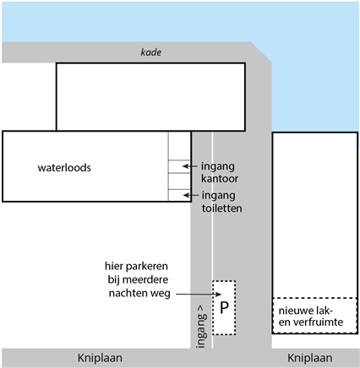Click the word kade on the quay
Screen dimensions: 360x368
click(151, 52)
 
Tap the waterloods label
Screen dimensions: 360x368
click(64, 168)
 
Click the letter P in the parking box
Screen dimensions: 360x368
click(224, 307)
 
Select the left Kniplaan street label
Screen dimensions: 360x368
click(100, 358)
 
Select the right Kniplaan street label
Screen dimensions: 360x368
click(309, 358)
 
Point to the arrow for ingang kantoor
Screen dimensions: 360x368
click(190, 166)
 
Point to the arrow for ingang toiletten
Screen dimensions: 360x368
click(191, 195)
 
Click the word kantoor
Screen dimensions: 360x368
click(220, 179)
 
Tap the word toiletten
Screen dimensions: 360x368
click(221, 208)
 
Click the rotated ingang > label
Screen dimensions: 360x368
click(201, 327)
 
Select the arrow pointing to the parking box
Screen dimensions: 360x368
click(199, 295)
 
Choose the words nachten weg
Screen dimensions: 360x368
click(139, 293)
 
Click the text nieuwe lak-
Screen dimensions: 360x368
click(306, 311)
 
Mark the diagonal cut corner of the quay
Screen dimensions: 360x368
click(261, 52)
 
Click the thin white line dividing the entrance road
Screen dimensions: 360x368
click(212, 240)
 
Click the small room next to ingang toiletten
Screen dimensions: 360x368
click(179, 195)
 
